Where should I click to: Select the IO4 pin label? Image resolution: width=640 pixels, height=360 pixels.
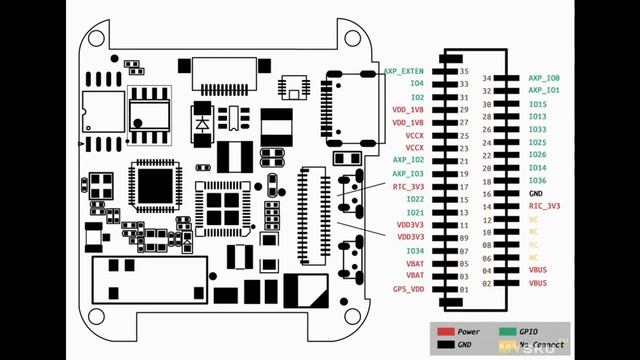tap(417, 84)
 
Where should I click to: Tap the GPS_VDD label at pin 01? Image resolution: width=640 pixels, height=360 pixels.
tap(408, 289)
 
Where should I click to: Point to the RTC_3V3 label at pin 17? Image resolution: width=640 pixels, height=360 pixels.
tap(408, 186)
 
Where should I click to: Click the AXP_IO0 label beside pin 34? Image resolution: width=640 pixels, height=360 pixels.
tap(544, 78)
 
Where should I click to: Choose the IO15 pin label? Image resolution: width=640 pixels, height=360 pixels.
tap(537, 104)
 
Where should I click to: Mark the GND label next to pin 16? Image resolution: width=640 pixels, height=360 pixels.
tap(536, 193)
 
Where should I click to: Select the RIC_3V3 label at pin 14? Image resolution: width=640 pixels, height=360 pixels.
tap(544, 206)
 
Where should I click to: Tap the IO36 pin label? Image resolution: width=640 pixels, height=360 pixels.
tap(537, 180)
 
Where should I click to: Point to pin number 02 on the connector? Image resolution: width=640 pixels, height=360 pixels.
tap(488, 283)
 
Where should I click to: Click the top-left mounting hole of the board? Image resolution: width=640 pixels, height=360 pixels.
tap(98, 38)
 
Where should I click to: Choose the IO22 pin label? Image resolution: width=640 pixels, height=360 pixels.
tap(415, 199)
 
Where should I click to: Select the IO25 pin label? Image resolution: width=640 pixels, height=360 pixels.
tap(537, 142)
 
